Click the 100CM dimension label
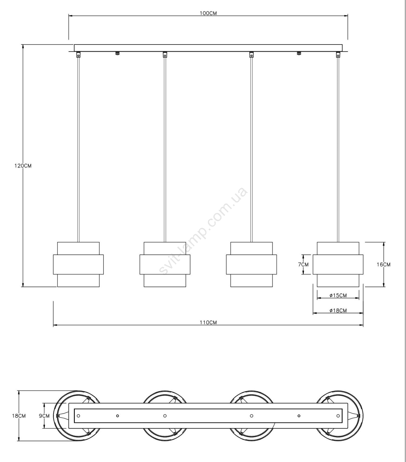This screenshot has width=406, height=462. point(208,13)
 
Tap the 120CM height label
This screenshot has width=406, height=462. point(23,166)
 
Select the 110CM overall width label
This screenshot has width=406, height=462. point(208,322)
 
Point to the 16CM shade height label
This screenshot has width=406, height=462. point(383,264)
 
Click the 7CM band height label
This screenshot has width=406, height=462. point(303,264)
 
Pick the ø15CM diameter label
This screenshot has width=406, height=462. point(338,295)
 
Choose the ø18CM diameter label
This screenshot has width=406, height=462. point(338,310)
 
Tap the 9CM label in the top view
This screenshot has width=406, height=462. point(44,416)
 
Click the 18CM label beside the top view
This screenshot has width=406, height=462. point(19,416)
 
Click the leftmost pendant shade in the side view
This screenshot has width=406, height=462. point(78,264)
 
